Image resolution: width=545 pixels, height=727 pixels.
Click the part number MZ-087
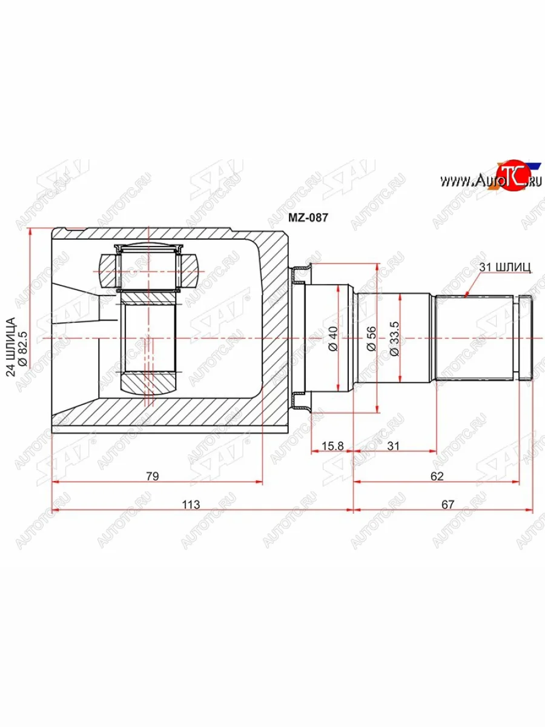coord(308,217)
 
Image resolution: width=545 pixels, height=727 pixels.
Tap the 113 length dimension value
coord(191,505)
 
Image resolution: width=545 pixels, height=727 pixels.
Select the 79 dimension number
coord(153,476)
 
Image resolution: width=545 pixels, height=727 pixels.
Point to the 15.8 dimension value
coord(332,446)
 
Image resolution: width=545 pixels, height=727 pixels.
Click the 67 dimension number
coord(448,505)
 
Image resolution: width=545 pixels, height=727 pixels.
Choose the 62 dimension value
coord(437,476)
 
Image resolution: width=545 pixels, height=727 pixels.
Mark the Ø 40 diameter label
coord(333,338)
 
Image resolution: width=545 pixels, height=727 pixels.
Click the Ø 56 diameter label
coord(372,338)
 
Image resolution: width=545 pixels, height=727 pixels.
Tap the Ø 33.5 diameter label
coord(394,339)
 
